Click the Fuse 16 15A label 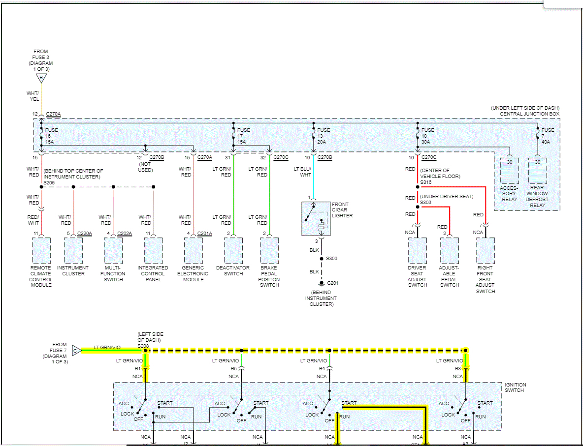point(51,136)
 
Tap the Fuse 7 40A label point(548,136)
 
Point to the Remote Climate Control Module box point(41,251)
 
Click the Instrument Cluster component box point(73,251)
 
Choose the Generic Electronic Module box point(194,251)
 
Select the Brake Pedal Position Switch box point(269,251)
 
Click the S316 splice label point(425,182)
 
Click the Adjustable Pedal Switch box point(450,251)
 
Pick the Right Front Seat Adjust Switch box point(485,251)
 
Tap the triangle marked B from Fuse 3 point(41,78)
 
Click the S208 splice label point(143,346)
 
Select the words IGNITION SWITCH point(516,387)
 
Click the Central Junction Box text point(529,114)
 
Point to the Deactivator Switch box point(233,251)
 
